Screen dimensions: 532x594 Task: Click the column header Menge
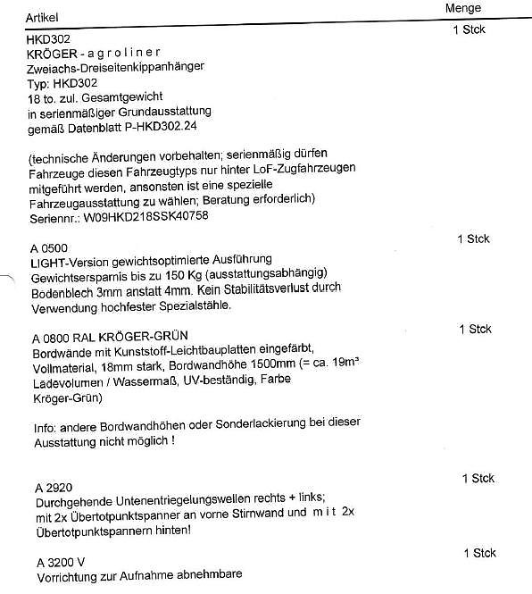pos(463,8)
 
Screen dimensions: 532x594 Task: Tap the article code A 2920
pos(52,489)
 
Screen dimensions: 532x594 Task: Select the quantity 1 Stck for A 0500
pos(473,239)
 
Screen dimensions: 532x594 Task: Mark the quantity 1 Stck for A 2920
pos(478,480)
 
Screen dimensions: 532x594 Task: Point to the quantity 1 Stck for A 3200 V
pos(479,554)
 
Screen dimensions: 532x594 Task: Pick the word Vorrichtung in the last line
pos(65,577)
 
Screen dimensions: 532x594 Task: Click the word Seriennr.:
pos(54,216)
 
